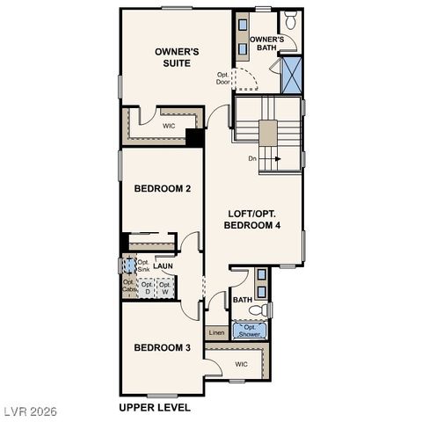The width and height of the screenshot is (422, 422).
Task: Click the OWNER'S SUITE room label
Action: [x=177, y=58]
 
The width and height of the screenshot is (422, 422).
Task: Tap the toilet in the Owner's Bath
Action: [x=289, y=21]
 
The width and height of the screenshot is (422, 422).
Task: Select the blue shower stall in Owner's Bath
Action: [x=290, y=74]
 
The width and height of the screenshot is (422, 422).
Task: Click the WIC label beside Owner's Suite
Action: [x=170, y=127]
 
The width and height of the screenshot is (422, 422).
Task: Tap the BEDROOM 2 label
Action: [x=163, y=189]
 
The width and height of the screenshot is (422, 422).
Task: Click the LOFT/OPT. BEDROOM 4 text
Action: [x=252, y=220]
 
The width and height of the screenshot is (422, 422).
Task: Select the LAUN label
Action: [x=163, y=266]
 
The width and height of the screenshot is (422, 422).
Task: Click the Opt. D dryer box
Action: [x=147, y=288]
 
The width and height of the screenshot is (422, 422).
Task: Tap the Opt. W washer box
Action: [x=164, y=288]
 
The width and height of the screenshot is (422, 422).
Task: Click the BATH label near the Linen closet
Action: [x=243, y=301]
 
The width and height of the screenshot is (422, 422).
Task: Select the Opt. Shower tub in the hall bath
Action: [x=251, y=331]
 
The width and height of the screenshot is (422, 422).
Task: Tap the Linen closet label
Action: [x=216, y=333]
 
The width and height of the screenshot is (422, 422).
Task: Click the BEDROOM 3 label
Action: [x=163, y=347]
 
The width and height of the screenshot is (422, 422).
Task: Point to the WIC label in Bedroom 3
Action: [x=241, y=363]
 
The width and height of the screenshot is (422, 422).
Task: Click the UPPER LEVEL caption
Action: [x=155, y=408]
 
